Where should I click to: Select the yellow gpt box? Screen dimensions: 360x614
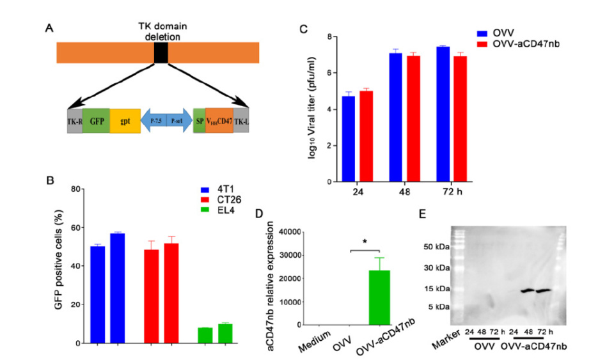125,120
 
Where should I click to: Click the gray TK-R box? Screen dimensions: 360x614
74,120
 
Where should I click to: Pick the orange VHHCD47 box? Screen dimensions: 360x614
219,120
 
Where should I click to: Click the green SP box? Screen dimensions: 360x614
199,120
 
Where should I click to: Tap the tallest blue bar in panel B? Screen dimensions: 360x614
117,288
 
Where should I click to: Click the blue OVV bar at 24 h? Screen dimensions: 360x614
348,139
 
